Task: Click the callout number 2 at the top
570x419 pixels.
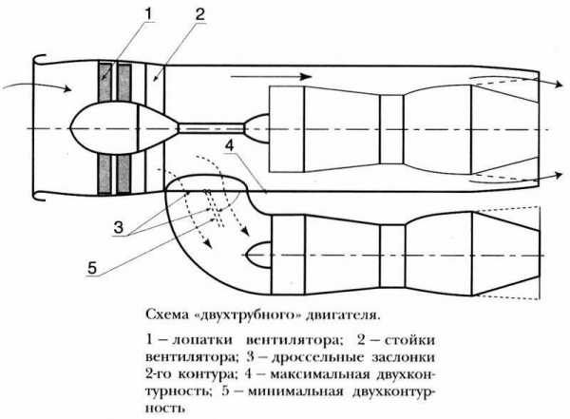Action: tap(198, 13)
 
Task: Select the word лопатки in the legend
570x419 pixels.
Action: tap(196, 339)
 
